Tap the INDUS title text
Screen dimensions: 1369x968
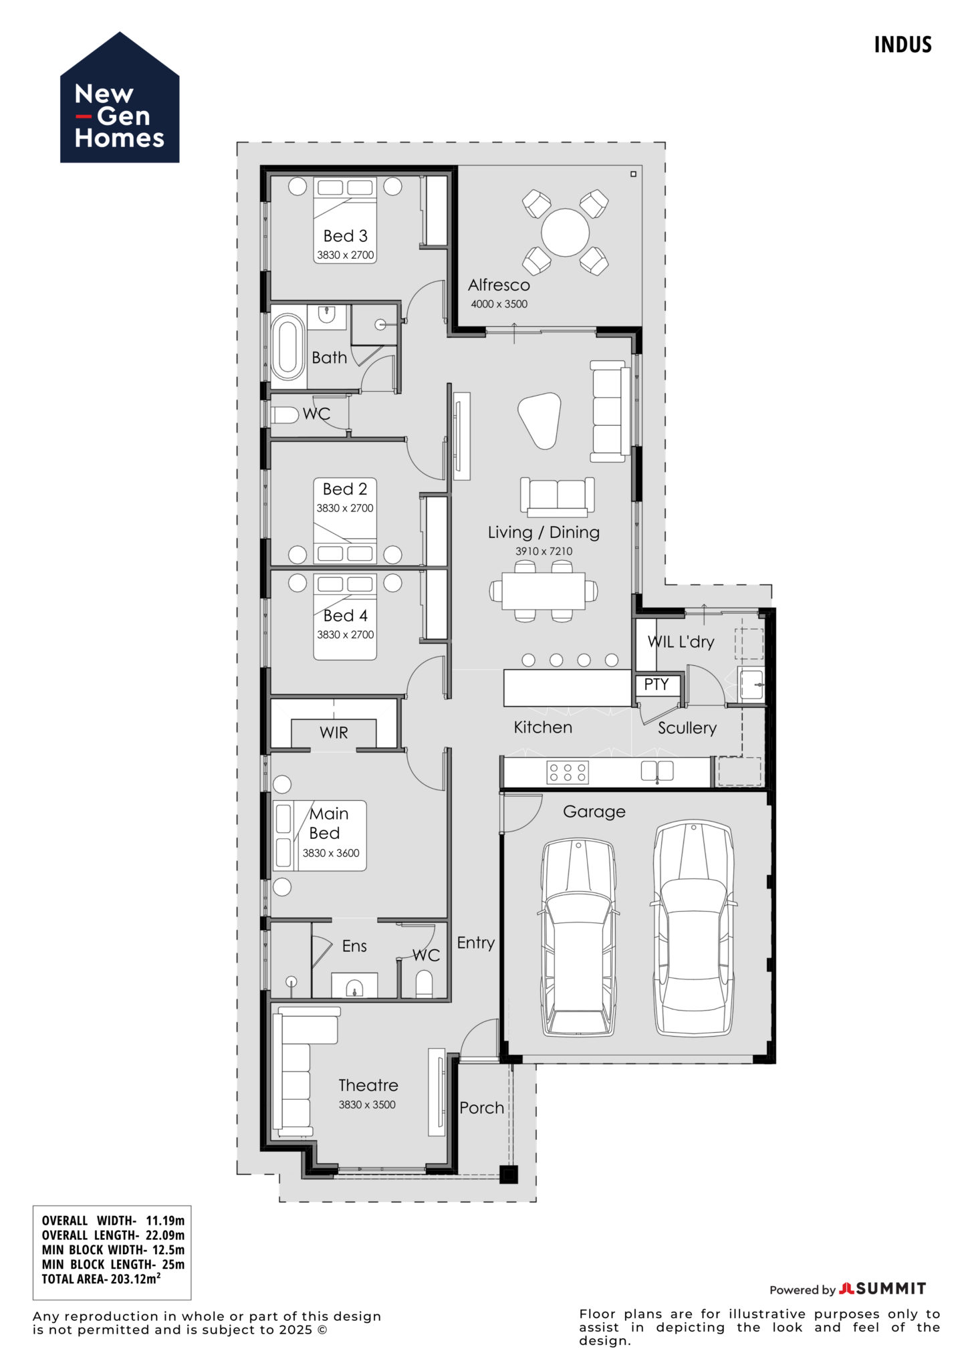902,45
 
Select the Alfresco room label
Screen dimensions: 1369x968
499,285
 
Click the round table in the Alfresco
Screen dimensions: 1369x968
565,233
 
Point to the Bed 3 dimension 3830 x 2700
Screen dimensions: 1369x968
345,255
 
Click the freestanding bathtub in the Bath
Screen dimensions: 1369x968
287,347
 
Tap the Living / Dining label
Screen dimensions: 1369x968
543,533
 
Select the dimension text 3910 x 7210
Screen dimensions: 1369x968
543,551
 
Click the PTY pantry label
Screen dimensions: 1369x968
656,684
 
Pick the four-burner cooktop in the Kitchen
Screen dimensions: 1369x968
567,772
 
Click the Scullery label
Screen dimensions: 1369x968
687,728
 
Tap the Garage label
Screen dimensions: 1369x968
594,812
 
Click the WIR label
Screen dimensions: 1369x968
334,733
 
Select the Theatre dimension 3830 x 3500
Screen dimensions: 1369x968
366,1105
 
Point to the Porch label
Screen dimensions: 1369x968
481,1108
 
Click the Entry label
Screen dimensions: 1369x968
475,943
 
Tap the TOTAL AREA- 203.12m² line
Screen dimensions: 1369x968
100,1279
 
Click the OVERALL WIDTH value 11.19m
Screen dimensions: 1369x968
165,1221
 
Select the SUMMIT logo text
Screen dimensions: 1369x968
890,1288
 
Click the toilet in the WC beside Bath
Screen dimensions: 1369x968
285,415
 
